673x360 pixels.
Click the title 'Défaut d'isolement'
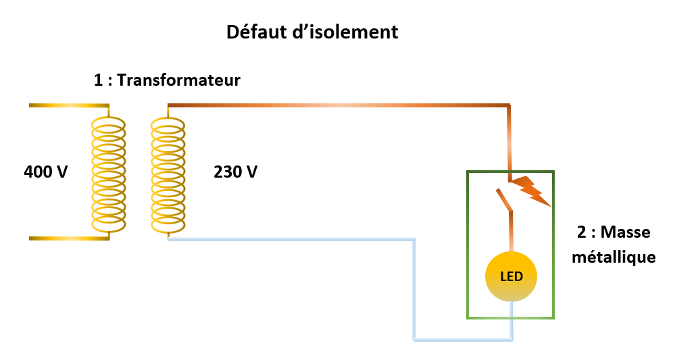[x=311, y=32]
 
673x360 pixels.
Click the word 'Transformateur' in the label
[x=179, y=80]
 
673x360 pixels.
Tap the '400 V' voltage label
[x=46, y=172]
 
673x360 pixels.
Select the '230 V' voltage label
[x=235, y=172]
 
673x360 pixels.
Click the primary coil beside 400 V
[x=108, y=172]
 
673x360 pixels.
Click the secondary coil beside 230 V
[x=168, y=172]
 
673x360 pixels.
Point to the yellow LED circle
[x=511, y=277]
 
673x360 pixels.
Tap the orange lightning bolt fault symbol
[x=532, y=190]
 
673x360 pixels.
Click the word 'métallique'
[x=613, y=257]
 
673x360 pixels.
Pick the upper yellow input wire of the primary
[x=68, y=106]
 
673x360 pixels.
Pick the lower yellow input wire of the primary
[x=68, y=238]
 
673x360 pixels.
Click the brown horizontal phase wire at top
[x=338, y=105]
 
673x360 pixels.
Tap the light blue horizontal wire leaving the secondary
[x=291, y=239]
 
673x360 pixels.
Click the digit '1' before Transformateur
[x=99, y=80]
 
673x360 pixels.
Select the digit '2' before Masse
[x=581, y=232]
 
